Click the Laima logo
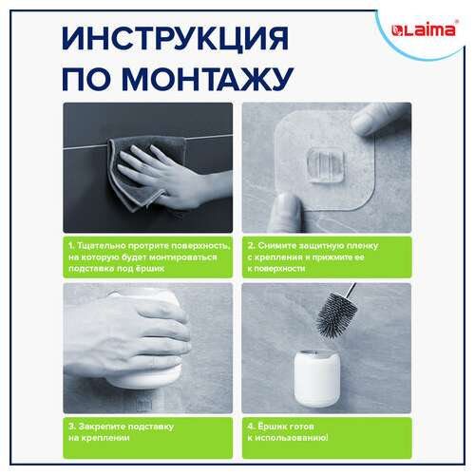click(423, 30)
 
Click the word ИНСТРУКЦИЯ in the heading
click(176, 38)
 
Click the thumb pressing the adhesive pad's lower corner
click(288, 212)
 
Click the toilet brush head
click(336, 314)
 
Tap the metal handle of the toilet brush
click(351, 290)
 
